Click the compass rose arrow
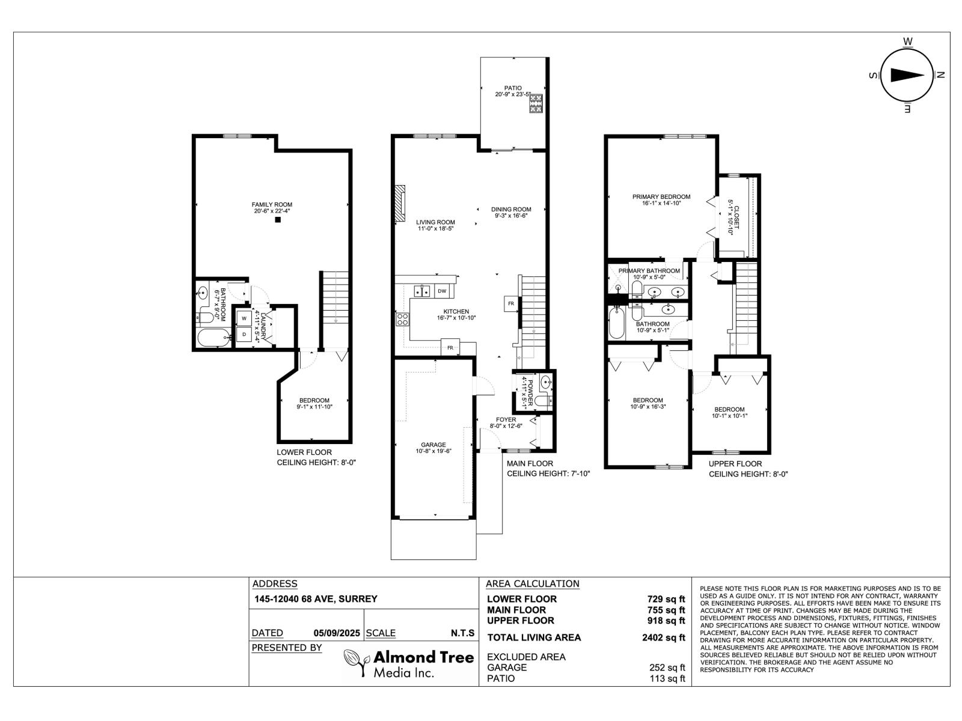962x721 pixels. point(907,75)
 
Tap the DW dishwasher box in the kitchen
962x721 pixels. point(442,291)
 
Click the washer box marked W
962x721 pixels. point(244,318)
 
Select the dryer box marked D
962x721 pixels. point(244,334)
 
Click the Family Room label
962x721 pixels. point(272,205)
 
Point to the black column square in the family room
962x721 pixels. point(278,220)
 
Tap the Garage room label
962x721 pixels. point(433,445)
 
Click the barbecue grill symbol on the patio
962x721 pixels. point(536,104)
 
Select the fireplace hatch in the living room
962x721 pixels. point(400,204)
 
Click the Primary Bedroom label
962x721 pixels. point(661,196)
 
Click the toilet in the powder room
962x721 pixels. point(543,400)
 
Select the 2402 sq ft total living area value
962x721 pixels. point(663,638)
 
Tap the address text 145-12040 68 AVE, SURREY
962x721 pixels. point(316,598)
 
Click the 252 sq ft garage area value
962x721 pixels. point(666,667)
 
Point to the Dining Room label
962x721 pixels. point(511,210)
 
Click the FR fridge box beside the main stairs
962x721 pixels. point(510,303)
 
